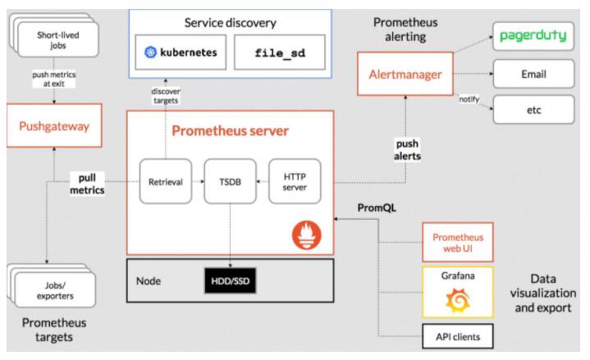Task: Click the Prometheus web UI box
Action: pos(457,242)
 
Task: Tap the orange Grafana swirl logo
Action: pos(457,302)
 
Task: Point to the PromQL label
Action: pos(377,207)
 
